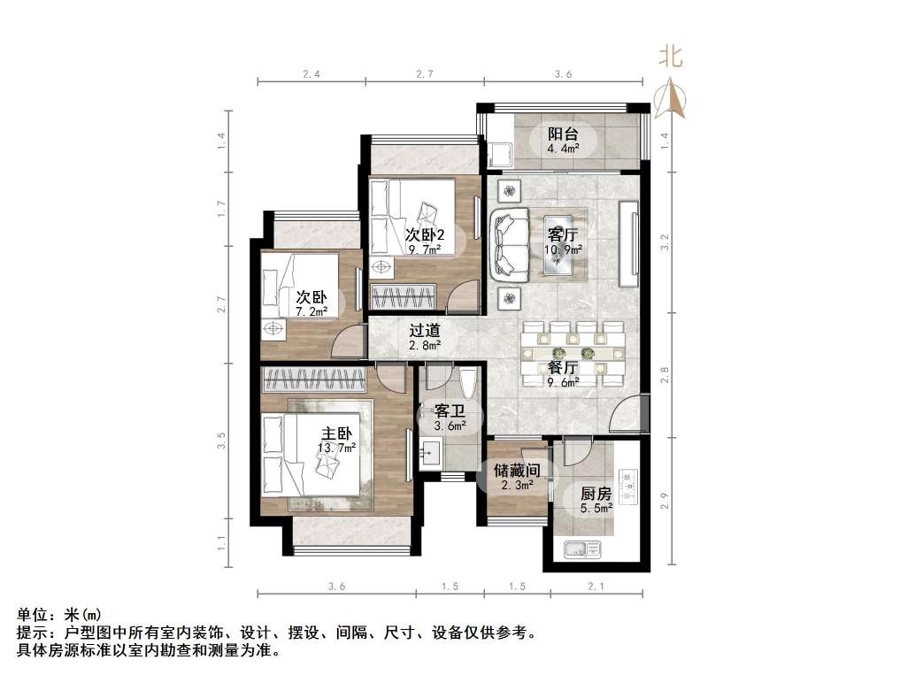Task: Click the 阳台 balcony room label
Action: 563,134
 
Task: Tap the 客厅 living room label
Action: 563,235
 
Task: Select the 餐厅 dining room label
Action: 563,367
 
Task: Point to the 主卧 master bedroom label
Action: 336,434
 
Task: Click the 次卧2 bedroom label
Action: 425,235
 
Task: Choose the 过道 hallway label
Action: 424,331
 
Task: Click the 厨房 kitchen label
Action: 596,495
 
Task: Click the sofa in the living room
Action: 508,243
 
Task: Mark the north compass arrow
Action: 672,96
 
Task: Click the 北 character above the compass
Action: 670,58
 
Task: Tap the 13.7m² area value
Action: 336,449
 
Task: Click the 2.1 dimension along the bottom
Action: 596,587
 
